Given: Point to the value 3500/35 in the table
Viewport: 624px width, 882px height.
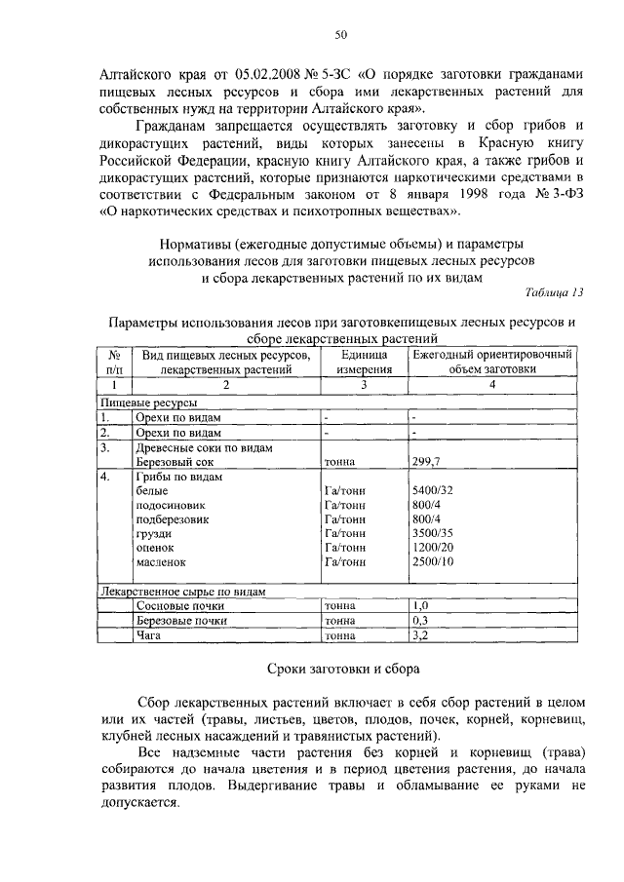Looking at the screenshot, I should [x=433, y=534].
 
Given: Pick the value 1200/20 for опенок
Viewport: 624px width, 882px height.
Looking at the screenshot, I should [x=433, y=548].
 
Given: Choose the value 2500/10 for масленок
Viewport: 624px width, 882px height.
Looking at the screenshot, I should [x=433, y=562].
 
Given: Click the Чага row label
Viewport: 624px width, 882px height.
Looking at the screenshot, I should [x=148, y=635].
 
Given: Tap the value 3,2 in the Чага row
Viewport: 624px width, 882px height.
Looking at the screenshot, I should [x=421, y=635].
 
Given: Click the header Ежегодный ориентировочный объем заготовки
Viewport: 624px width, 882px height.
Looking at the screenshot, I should [x=491, y=363].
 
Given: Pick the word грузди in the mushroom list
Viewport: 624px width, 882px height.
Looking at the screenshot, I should [x=155, y=534].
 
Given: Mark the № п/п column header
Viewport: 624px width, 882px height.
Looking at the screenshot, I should [x=113, y=363].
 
